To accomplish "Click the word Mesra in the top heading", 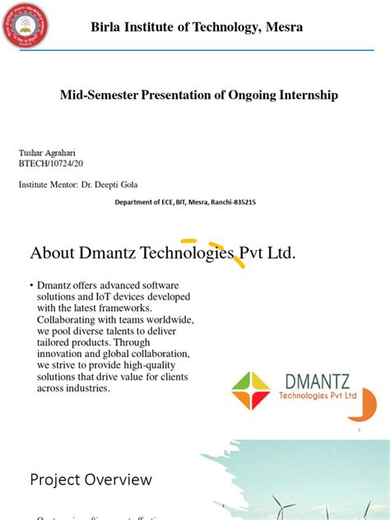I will pyautogui.click(x=284, y=28).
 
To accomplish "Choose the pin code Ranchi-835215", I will pyautogui.click(x=231, y=202).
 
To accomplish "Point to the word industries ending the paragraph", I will pyautogui.click(x=90, y=388).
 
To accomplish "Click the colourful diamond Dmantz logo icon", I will pyautogui.click(x=250, y=390).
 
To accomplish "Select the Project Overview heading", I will pyautogui.click(x=91, y=479).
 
